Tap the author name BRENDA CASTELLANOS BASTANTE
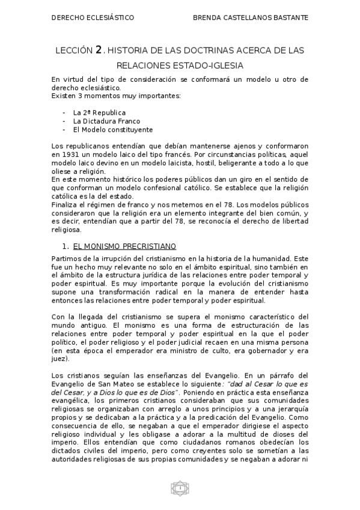[251, 18]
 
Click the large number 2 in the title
[99, 51]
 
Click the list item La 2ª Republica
[99, 112]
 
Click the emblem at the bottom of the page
[180, 488]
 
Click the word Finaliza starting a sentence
[65, 205]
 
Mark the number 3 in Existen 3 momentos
[76, 96]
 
